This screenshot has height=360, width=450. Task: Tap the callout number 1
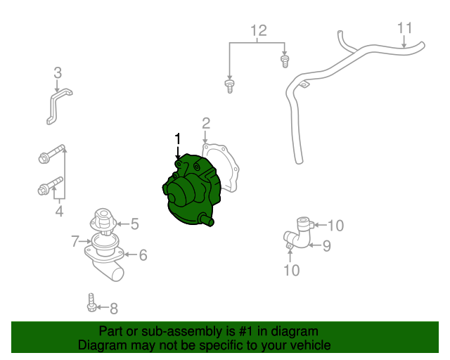(x=178, y=139)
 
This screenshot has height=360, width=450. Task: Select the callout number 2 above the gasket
(x=206, y=124)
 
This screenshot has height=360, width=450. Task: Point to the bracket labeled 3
(x=59, y=105)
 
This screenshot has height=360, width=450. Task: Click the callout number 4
(x=59, y=212)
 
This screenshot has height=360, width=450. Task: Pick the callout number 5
(x=134, y=224)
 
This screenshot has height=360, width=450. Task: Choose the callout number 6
(x=143, y=255)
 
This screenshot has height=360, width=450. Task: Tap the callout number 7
(x=75, y=241)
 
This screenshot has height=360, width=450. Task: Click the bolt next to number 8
(x=91, y=302)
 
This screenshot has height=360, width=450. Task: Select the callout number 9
(x=326, y=245)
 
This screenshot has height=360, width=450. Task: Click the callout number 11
(x=405, y=28)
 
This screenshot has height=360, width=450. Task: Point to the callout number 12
(x=259, y=30)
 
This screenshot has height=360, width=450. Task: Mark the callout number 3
(x=58, y=73)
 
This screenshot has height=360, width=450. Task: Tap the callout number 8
(x=114, y=309)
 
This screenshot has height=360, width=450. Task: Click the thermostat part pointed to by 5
(x=103, y=221)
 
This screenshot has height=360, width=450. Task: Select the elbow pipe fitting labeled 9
(x=298, y=234)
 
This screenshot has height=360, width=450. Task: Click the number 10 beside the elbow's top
(x=335, y=226)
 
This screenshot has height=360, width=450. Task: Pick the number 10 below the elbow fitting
(x=291, y=270)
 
